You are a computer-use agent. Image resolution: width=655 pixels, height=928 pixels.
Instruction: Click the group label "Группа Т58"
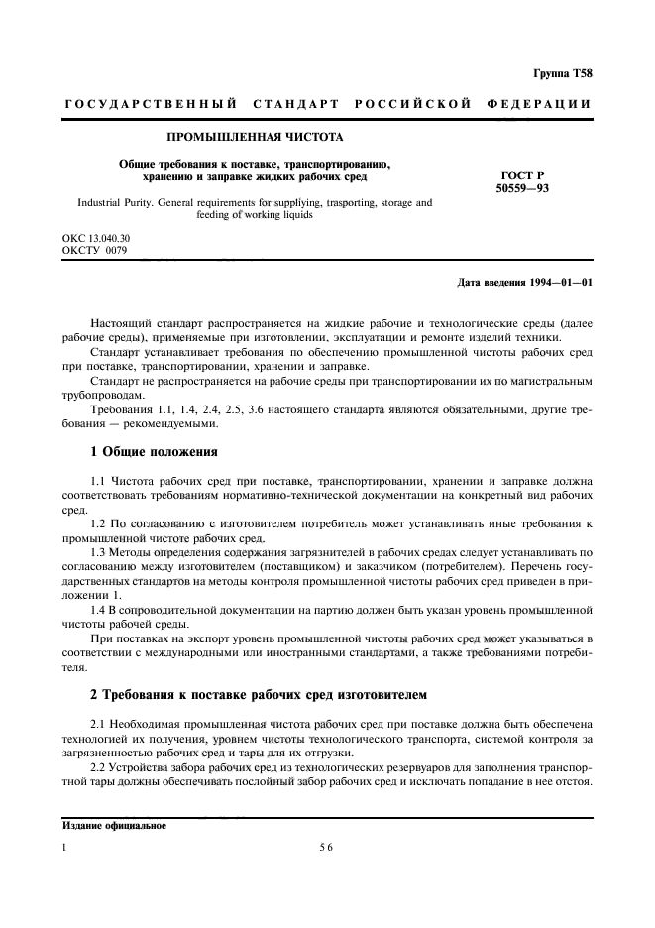[564, 74]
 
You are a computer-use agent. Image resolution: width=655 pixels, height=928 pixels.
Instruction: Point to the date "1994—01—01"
[561, 283]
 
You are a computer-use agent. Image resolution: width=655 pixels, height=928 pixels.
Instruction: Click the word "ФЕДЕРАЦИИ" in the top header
[539, 104]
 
